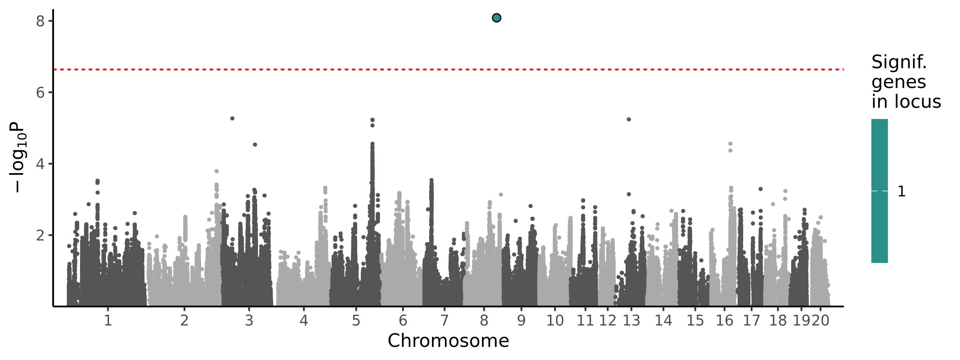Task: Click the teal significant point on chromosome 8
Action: coord(496,18)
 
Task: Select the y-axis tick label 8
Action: coord(40,21)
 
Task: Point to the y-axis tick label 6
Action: coord(40,93)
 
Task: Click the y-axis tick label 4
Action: coord(40,164)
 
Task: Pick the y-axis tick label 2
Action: coord(40,235)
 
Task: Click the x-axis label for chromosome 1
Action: coord(108,320)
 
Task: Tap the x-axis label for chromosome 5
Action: coord(356,320)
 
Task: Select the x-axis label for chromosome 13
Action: coord(632,320)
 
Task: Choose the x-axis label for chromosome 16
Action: coord(724,320)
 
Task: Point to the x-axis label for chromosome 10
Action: coord(555,320)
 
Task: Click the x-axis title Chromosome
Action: coord(448,341)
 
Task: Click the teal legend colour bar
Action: coord(880,191)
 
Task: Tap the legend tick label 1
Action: coord(902,192)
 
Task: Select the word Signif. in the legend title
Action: coord(899,62)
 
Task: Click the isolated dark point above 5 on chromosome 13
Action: coord(629,119)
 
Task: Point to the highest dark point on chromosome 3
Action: coord(232,118)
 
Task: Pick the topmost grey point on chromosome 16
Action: coord(730,144)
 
